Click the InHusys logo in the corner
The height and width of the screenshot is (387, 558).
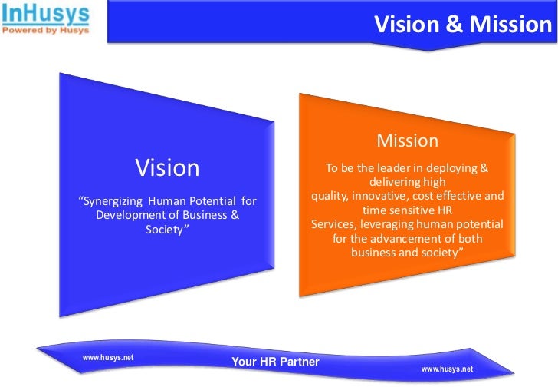[44, 13]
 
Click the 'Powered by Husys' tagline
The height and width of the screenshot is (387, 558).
[44, 31]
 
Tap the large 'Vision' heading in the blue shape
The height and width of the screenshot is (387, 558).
[167, 167]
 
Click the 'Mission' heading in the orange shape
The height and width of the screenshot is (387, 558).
[408, 141]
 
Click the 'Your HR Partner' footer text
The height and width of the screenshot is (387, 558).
[275, 361]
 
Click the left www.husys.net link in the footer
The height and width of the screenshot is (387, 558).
[108, 356]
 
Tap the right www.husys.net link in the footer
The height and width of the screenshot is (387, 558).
[448, 369]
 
